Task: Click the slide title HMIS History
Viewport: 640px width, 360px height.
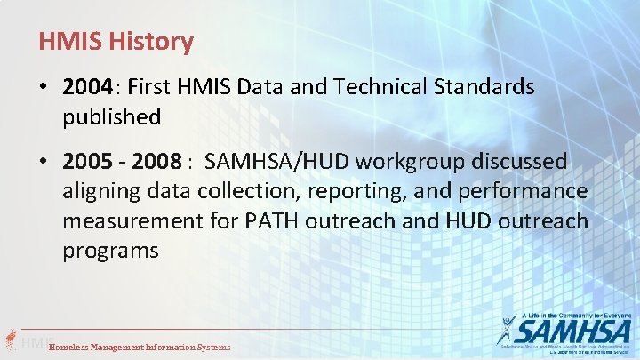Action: coord(116,41)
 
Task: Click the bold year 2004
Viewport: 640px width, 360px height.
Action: coord(88,87)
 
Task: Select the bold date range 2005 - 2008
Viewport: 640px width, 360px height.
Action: coord(123,162)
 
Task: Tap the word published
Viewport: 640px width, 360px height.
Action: coord(111,116)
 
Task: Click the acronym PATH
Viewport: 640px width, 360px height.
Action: coord(272,220)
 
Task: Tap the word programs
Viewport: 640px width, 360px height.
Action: coord(110,251)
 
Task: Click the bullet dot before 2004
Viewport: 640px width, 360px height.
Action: coord(44,88)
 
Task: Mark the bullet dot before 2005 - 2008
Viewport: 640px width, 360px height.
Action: coord(44,163)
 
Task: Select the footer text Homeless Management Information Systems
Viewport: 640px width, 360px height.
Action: coord(140,347)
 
